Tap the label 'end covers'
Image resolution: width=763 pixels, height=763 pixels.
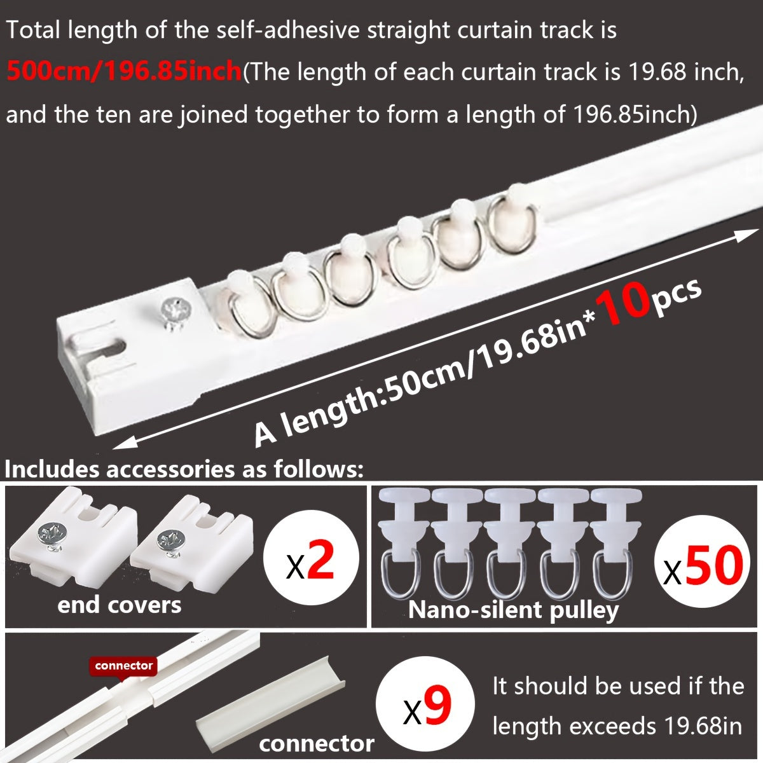119,605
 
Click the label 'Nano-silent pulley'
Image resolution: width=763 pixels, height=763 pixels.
513,610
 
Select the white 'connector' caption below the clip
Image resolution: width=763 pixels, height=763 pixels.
316,743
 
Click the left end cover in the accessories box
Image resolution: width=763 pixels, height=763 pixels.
75,539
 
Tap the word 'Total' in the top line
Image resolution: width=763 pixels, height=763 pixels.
36,31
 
